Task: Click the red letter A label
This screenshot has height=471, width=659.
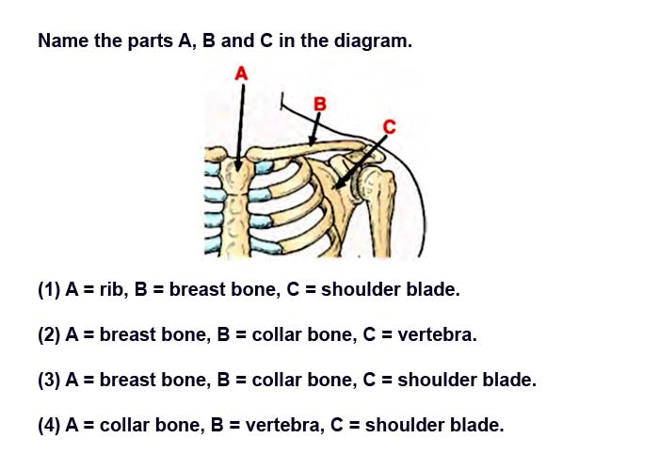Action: (241, 73)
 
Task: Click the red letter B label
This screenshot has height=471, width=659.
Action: (320, 104)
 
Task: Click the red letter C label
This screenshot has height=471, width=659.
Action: (390, 126)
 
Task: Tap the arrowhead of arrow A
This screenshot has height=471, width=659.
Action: (238, 166)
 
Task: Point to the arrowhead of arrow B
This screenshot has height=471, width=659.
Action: (312, 141)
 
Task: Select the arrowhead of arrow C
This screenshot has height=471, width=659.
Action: (337, 185)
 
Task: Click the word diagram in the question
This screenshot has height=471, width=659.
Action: (373, 41)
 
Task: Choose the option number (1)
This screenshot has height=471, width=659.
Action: (49, 290)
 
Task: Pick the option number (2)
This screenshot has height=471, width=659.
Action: (49, 334)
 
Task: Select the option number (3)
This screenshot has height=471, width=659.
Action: (49, 380)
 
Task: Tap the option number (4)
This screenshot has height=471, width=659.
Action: (49, 425)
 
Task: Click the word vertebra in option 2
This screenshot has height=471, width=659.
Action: (437, 334)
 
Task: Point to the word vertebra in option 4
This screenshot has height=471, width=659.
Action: (285, 425)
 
